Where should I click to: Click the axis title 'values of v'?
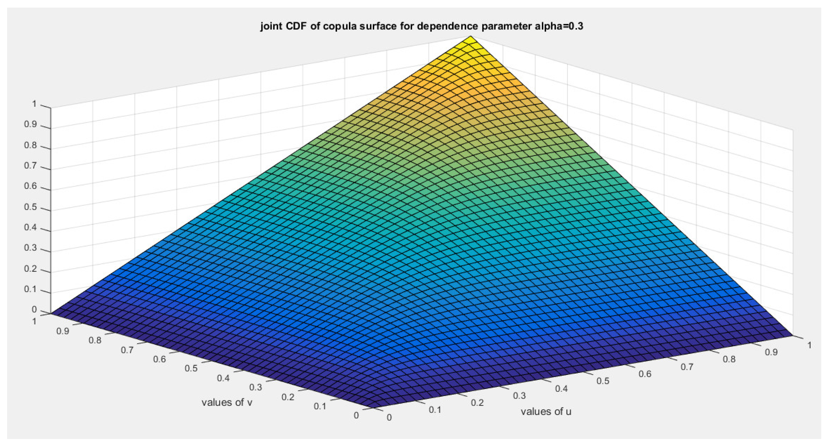point(227,402)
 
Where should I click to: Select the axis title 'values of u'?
point(546,412)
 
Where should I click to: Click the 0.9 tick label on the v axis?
point(63,331)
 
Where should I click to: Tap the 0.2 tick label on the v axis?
point(288,397)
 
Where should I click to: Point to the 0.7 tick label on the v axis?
point(127,350)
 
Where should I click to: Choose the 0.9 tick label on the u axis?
point(771,352)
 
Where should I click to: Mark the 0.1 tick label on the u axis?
point(435,410)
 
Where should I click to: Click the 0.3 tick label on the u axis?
point(519,396)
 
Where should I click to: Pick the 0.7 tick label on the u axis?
point(687,367)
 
